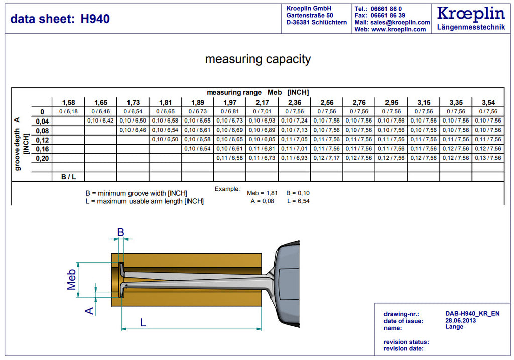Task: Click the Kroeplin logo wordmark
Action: pos(471,14)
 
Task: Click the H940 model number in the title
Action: pos(95,19)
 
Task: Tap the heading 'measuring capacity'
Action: pos(258,59)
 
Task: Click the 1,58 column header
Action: pos(68,102)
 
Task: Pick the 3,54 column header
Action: pos(488,102)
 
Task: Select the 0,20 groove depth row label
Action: pos(42,158)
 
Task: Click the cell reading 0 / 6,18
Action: pos(68,112)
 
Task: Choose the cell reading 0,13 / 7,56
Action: pos(488,158)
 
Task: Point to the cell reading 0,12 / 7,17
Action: pos(326,158)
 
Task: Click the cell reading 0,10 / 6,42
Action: pos(100,121)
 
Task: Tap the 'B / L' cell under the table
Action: pos(68,177)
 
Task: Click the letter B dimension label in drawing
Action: pos(120,232)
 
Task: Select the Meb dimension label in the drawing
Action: pos(71,280)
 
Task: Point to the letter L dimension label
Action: pos(143,323)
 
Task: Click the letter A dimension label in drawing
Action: pos(89,311)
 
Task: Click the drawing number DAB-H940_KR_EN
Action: pos(472,314)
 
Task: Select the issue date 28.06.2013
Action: pos(460,321)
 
